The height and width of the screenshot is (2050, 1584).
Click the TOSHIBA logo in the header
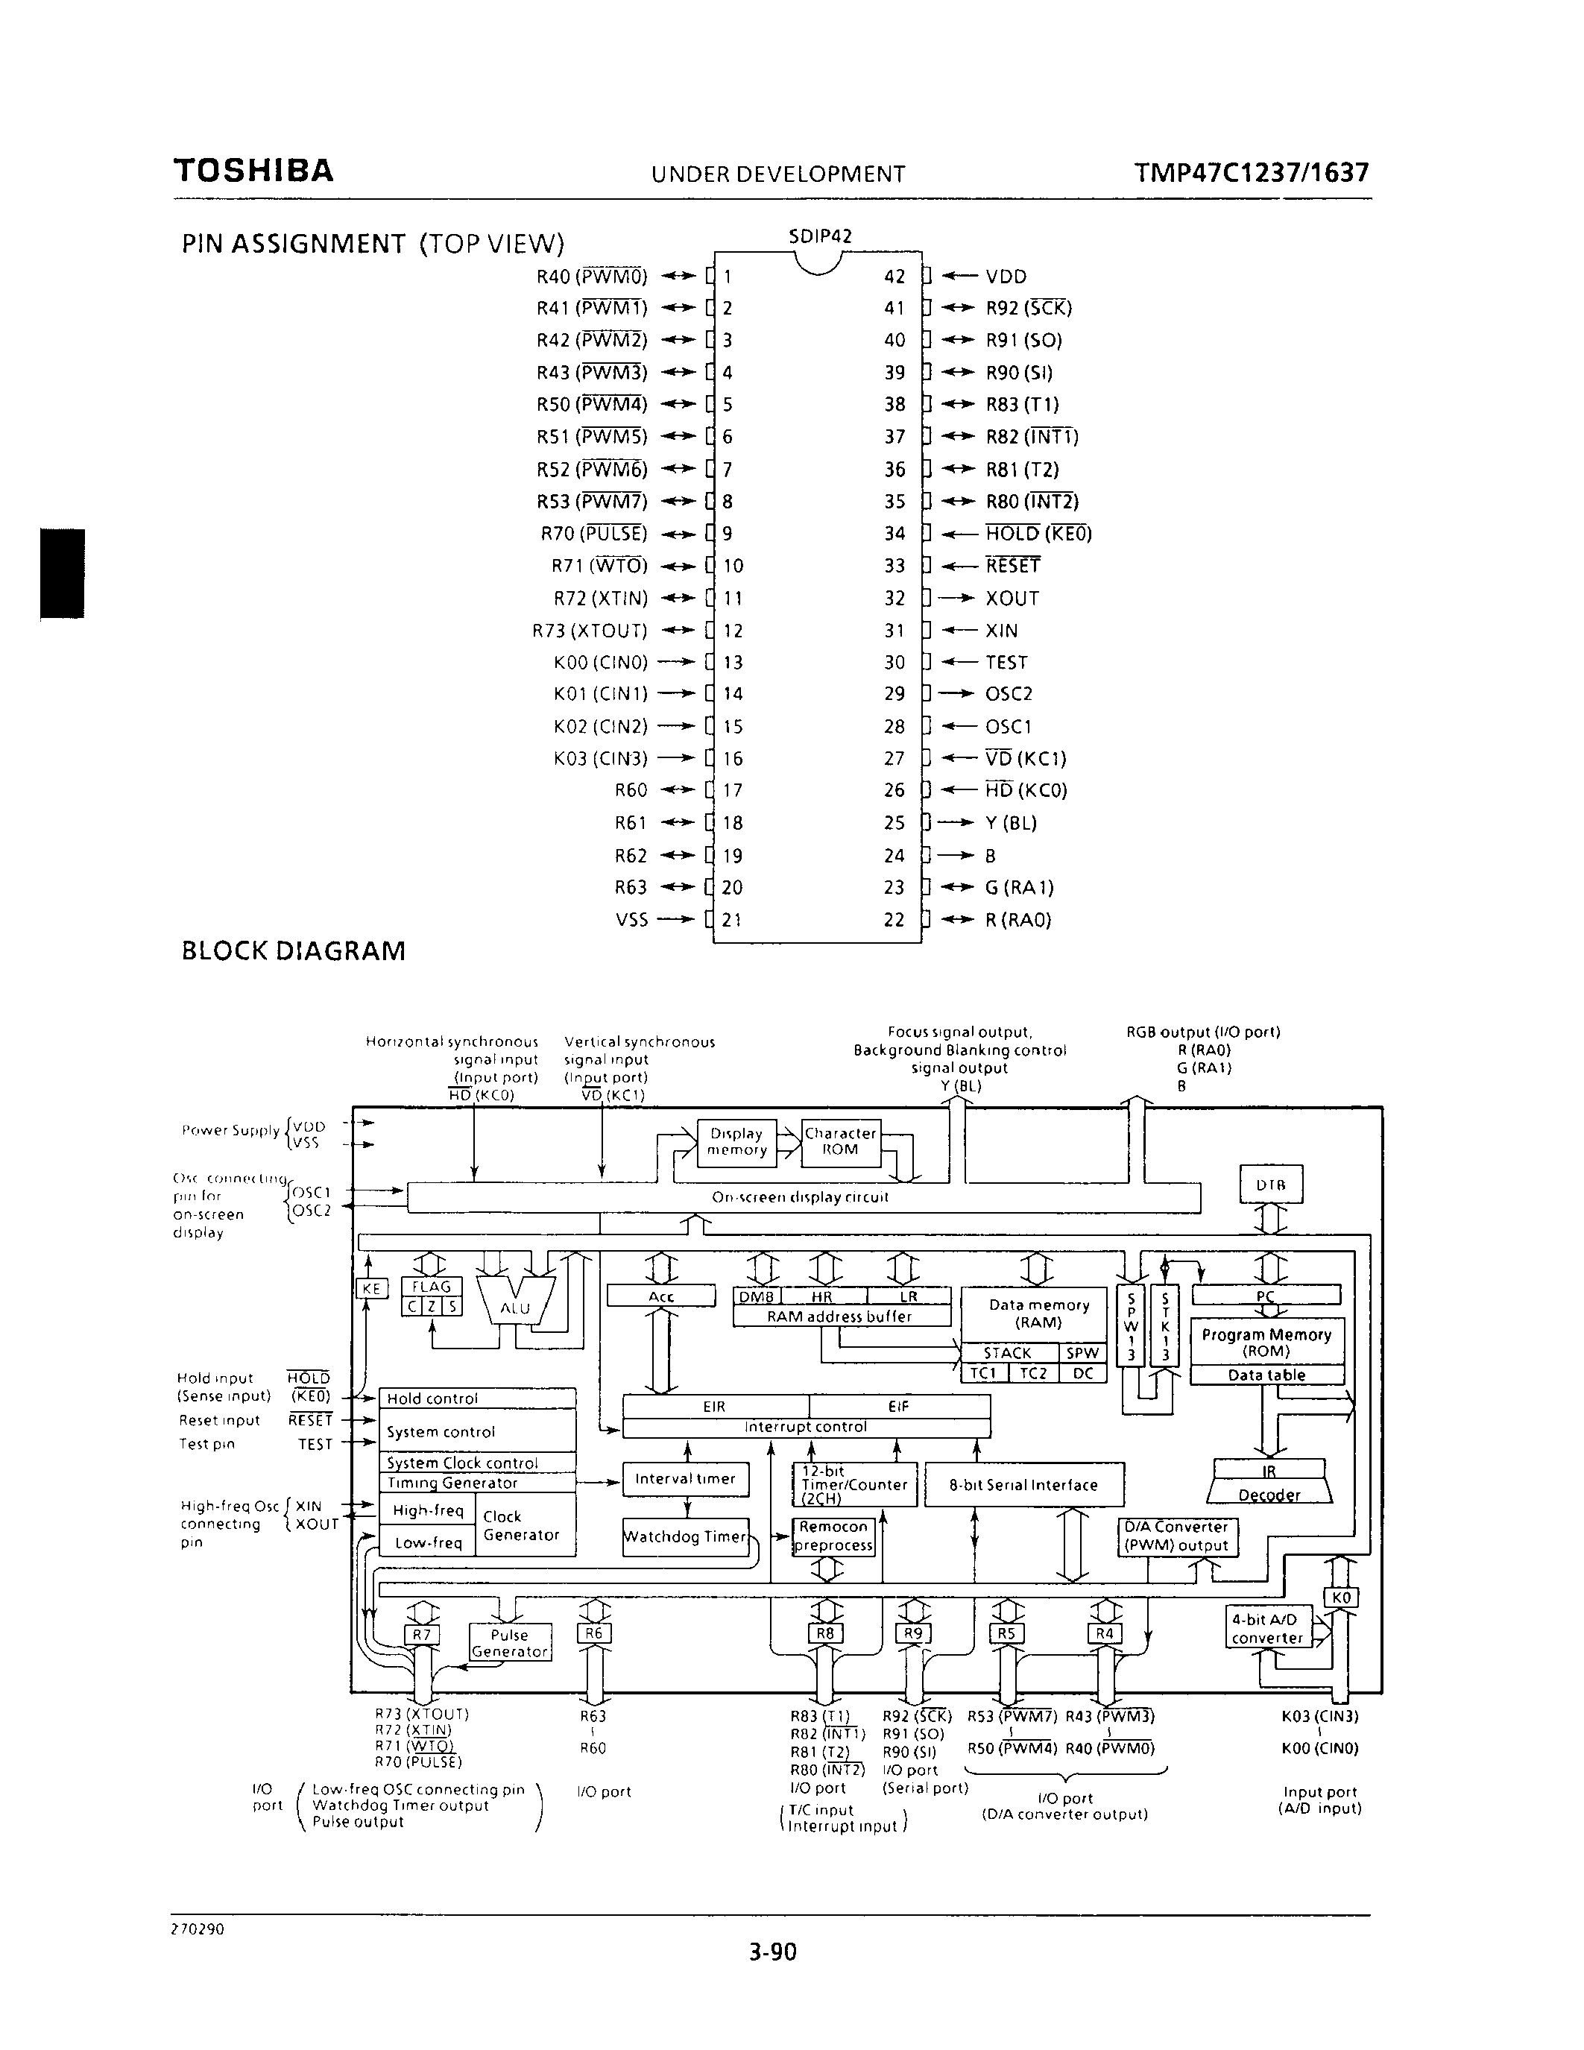[253, 171]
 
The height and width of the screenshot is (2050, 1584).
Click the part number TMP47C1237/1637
[1251, 173]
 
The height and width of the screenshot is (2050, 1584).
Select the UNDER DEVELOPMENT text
[778, 174]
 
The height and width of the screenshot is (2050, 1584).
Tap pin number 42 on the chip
[894, 277]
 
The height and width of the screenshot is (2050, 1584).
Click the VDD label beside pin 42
[1006, 277]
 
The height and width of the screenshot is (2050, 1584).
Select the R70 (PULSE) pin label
[593, 534]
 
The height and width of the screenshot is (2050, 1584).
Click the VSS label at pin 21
[631, 920]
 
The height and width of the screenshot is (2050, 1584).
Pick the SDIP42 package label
[820, 236]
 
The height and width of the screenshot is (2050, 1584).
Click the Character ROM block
[840, 1141]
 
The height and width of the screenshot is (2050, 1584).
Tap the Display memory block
[736, 1141]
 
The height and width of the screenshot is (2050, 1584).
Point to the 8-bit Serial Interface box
[1023, 1485]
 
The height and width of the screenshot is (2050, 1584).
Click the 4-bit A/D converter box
[1266, 1629]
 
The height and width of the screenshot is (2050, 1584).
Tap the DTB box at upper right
[1271, 1185]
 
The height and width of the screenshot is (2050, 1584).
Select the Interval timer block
[685, 1478]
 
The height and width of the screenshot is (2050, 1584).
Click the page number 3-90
[772, 1952]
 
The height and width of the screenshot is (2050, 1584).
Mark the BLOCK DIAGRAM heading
[294, 951]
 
